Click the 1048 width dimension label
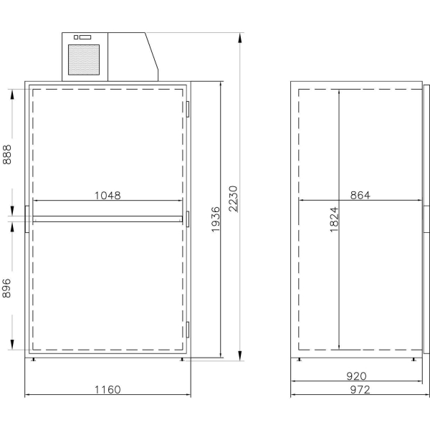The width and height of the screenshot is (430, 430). pos(107,196)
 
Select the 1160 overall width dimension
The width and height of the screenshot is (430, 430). pos(107,389)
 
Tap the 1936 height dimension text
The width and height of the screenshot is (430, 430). pos(216,219)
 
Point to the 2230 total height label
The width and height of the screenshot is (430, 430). pos(233,199)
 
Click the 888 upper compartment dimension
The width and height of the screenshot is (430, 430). pos(7,155)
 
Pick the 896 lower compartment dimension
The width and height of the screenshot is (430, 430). pos(6,288)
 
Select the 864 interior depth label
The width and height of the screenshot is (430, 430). pos(360,195)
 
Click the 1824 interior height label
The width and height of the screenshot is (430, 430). pos(334,219)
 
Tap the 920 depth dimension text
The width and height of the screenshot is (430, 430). pos(356,376)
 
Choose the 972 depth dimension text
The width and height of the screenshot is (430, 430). pos(360,389)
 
